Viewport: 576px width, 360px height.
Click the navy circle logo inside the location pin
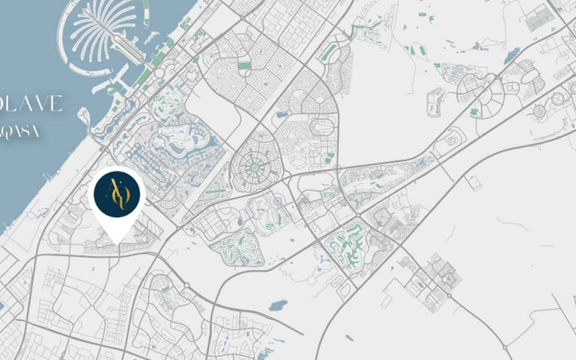coord(117,193)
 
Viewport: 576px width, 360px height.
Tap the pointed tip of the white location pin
coord(118,243)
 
